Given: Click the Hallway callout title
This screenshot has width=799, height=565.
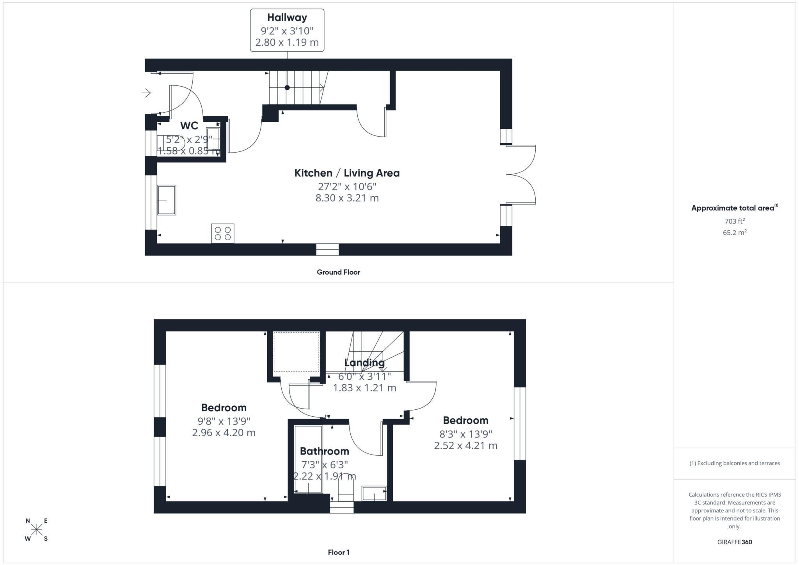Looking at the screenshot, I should pyautogui.click(x=287, y=18).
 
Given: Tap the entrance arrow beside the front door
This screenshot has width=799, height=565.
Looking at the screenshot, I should pyautogui.click(x=146, y=93).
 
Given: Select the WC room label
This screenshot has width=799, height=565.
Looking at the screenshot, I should pyautogui.click(x=189, y=126).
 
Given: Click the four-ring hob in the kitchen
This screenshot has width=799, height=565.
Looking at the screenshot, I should pyautogui.click(x=223, y=233).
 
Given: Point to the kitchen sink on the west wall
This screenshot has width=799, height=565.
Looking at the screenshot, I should pyautogui.click(x=167, y=200).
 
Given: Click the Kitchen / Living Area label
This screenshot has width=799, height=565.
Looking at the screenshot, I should pyautogui.click(x=347, y=173).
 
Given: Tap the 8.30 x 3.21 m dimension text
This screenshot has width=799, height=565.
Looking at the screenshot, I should pyautogui.click(x=347, y=198).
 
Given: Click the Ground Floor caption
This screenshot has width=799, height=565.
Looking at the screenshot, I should pyautogui.click(x=338, y=272).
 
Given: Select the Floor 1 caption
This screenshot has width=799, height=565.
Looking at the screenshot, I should pyautogui.click(x=339, y=552).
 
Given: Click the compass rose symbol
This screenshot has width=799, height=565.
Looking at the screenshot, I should pyautogui.click(x=37, y=529).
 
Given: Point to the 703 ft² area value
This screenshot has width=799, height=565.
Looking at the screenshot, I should pyautogui.click(x=735, y=221).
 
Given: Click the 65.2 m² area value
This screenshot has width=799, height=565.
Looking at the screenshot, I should pyautogui.click(x=735, y=233).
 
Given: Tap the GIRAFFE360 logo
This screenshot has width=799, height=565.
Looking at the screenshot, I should pyautogui.click(x=735, y=542).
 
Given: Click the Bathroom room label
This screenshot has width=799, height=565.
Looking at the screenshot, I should pyautogui.click(x=324, y=451).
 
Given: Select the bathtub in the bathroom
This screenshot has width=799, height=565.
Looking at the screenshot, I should pyautogui.click(x=308, y=459).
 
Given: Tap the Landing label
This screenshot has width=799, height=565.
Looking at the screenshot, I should pyautogui.click(x=364, y=362).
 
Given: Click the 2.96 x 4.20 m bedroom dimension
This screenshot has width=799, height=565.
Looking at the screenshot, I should pyautogui.click(x=224, y=433).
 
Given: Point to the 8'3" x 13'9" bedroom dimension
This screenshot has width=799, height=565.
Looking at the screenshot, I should pyautogui.click(x=465, y=434).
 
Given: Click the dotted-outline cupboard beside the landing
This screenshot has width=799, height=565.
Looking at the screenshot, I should pyautogui.click(x=296, y=352).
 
